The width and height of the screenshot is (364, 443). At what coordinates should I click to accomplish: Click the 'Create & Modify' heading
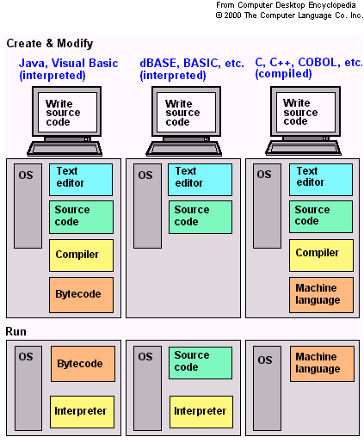[50, 44]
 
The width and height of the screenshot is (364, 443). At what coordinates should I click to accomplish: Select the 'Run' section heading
[17, 331]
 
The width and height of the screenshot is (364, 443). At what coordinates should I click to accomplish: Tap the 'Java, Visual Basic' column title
[69, 64]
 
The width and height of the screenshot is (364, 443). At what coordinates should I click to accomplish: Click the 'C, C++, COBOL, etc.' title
[308, 64]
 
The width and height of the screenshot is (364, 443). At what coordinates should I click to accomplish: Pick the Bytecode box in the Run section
[81, 364]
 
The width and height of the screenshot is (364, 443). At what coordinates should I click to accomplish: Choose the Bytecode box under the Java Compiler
[81, 294]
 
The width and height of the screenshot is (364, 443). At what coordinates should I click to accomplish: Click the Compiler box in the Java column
[81, 255]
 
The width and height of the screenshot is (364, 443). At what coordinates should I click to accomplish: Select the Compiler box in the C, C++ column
[320, 254]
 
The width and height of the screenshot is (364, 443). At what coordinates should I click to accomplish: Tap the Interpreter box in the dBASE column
[201, 411]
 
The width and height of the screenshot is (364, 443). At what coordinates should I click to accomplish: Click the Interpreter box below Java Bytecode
[81, 411]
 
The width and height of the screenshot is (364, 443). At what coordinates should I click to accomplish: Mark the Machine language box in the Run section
[320, 363]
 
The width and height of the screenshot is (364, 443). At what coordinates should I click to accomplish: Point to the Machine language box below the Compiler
[320, 294]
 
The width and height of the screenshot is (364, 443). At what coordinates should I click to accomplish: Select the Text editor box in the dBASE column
[201, 178]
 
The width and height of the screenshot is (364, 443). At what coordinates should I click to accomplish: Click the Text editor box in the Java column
[81, 178]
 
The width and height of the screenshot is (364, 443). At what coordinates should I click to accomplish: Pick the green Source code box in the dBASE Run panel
[201, 360]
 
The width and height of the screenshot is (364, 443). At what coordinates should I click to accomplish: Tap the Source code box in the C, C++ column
[320, 216]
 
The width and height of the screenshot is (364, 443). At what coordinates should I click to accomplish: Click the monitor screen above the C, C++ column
[300, 113]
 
